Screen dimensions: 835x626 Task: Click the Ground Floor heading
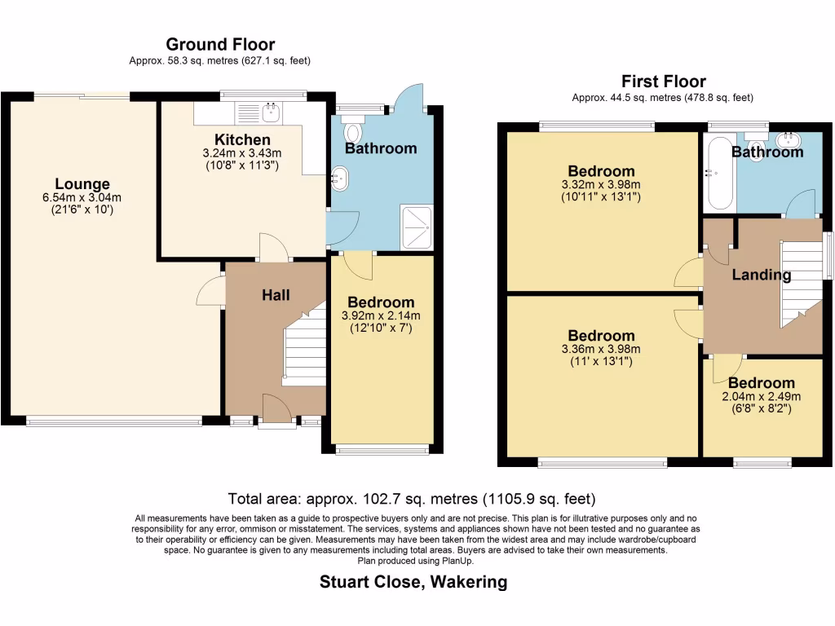point(220,44)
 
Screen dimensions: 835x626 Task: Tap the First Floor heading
point(664,82)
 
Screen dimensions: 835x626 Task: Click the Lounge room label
point(82,183)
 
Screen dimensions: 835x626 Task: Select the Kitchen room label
point(242,139)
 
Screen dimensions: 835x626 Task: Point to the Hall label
point(276,295)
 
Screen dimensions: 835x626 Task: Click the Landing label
point(762,275)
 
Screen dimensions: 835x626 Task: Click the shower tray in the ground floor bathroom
point(417,227)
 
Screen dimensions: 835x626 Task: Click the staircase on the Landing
point(802,284)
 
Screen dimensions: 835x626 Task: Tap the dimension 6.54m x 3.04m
point(82,197)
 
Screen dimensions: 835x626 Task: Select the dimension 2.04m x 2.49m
point(762,397)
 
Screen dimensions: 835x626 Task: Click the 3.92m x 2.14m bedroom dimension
point(381,315)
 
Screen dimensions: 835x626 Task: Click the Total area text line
point(412,499)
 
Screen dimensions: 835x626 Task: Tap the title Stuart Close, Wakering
point(413,582)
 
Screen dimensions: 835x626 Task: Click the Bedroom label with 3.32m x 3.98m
point(601,171)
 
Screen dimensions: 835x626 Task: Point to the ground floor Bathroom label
point(381,148)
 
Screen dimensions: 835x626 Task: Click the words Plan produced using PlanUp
point(415,561)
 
